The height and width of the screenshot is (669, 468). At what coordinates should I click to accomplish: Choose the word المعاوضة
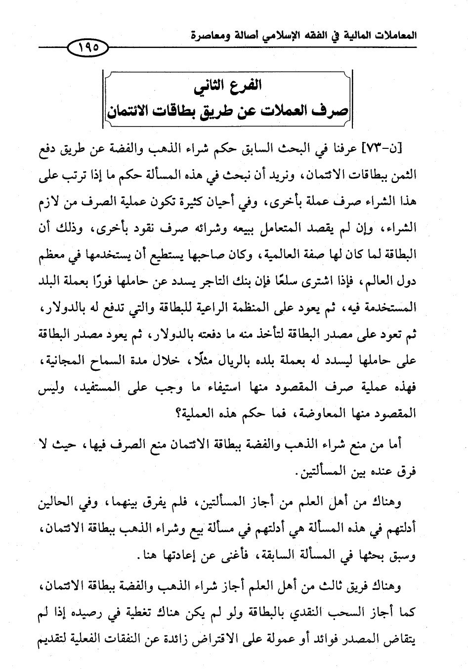(x=323, y=416)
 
